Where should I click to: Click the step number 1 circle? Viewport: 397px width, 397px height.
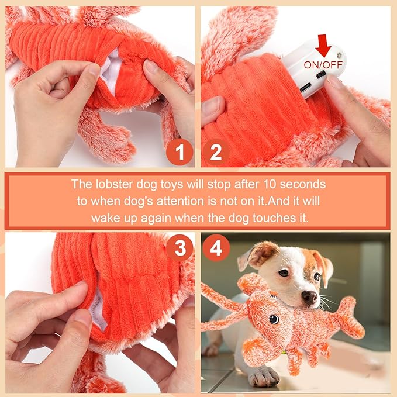pos(179,153)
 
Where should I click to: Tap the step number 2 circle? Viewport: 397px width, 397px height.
pos(216,153)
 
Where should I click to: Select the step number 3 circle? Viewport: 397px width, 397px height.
pos(179,249)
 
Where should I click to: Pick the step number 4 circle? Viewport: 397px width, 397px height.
pos(216,249)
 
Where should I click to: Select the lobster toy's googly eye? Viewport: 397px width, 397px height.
pos(274,319)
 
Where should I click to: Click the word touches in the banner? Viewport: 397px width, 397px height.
pos(265,217)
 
